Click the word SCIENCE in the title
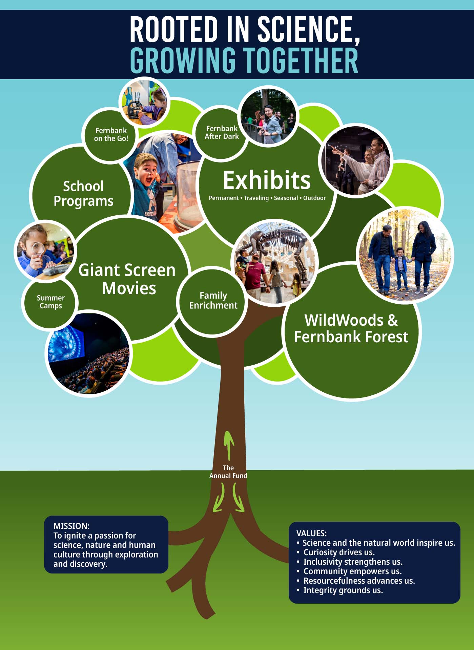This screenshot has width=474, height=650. click(x=308, y=29)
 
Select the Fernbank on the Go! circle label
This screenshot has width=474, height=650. click(x=111, y=134)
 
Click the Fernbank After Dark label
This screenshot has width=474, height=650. click(x=222, y=132)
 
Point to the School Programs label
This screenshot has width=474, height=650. click(x=83, y=193)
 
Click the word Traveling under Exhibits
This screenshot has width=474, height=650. click(x=256, y=198)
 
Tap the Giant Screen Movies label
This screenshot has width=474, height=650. click(x=127, y=279)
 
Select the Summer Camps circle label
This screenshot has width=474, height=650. click(x=51, y=302)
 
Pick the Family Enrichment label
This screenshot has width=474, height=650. click(x=213, y=300)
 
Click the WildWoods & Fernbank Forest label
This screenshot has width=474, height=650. click(x=351, y=328)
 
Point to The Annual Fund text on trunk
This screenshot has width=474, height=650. click(x=228, y=472)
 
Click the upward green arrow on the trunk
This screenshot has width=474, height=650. click(x=229, y=445)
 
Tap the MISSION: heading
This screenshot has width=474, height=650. click(x=71, y=526)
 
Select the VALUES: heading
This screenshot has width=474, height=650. click(x=312, y=533)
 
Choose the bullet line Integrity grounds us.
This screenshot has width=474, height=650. click(x=340, y=590)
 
